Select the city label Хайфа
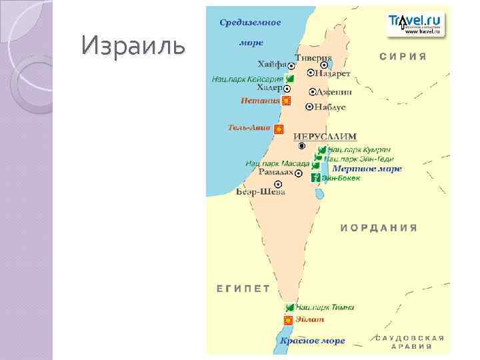tap(272, 65)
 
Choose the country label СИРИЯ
tap(403, 57)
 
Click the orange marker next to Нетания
tap(287, 101)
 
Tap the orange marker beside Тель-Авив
tap(279, 129)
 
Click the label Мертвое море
tap(367, 169)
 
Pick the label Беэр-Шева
tap(261, 192)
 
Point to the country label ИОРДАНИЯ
tap(379, 227)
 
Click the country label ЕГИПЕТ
tap(243, 289)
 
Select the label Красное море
tap(312, 341)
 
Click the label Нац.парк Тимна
tap(325, 307)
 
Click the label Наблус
tap(330, 107)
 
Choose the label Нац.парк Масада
tap(277, 163)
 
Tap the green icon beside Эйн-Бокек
tap(315, 177)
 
